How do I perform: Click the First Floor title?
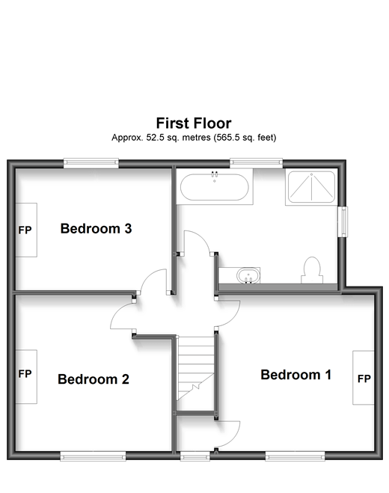pos(194,122)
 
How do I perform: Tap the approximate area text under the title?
pos(194,138)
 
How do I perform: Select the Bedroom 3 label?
pos(97,229)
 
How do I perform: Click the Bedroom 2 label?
pos(94,379)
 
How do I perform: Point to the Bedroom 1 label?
pos(295,375)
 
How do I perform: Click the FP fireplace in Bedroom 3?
pos(25,230)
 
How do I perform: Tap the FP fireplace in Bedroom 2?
pos(25,375)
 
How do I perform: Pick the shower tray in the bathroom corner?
pos(310,188)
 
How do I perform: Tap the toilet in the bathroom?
pos(311,270)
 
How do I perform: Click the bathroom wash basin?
pos(247,275)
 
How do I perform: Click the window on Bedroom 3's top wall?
pos(91,163)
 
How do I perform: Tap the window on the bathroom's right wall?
pos(344,221)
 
